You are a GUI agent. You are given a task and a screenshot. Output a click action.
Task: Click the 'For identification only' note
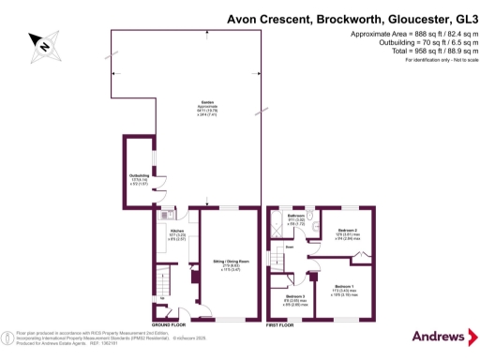(x=434, y=60)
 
